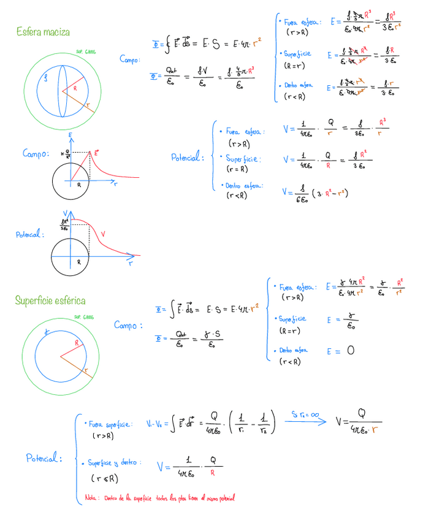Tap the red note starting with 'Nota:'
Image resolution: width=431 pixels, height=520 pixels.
[x=160, y=498]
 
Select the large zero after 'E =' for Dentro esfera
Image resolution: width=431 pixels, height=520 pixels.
[x=350, y=351]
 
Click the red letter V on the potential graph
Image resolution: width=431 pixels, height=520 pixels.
[x=102, y=234]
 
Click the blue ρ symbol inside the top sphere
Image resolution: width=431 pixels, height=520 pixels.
[x=45, y=78]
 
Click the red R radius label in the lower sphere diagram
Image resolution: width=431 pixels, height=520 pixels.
[x=77, y=342]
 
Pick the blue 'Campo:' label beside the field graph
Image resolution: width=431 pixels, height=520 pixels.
[x=36, y=154]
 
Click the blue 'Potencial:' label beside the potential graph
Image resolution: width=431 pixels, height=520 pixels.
[x=29, y=234]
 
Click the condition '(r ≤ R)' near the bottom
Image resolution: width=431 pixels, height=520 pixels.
[x=104, y=478]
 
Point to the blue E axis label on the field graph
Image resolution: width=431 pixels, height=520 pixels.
[x=71, y=134]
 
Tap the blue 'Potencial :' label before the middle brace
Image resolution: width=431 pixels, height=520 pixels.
[x=187, y=158]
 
